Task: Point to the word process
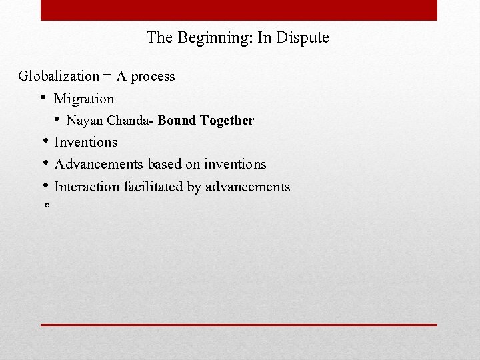(x=153, y=77)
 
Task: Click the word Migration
(x=84, y=99)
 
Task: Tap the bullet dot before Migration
(x=43, y=98)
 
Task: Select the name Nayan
(x=84, y=121)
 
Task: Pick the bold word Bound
(x=177, y=121)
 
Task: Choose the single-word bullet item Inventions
(x=86, y=142)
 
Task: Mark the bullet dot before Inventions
(x=44, y=141)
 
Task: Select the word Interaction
(x=87, y=187)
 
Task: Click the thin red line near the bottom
(x=239, y=325)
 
